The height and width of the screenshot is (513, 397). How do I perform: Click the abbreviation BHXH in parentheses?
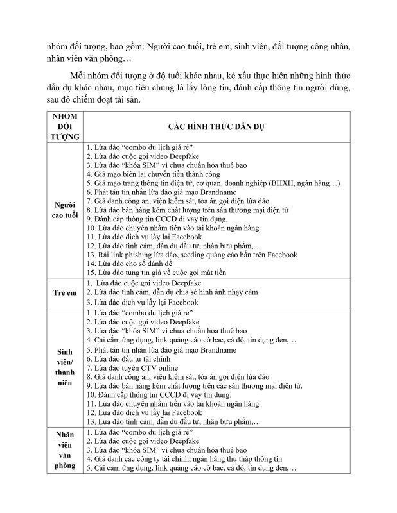tap(284, 183)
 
